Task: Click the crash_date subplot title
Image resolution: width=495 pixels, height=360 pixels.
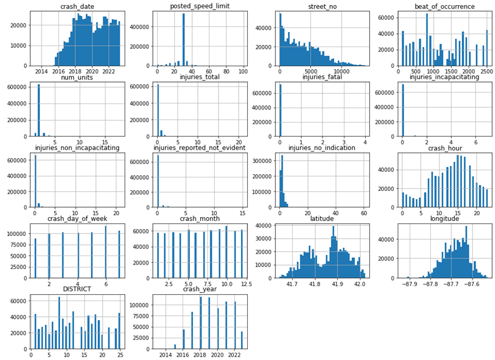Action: click(76, 6)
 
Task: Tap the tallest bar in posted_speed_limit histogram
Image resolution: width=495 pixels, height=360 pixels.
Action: click(184, 39)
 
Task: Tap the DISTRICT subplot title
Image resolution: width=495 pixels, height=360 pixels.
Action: click(76, 289)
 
